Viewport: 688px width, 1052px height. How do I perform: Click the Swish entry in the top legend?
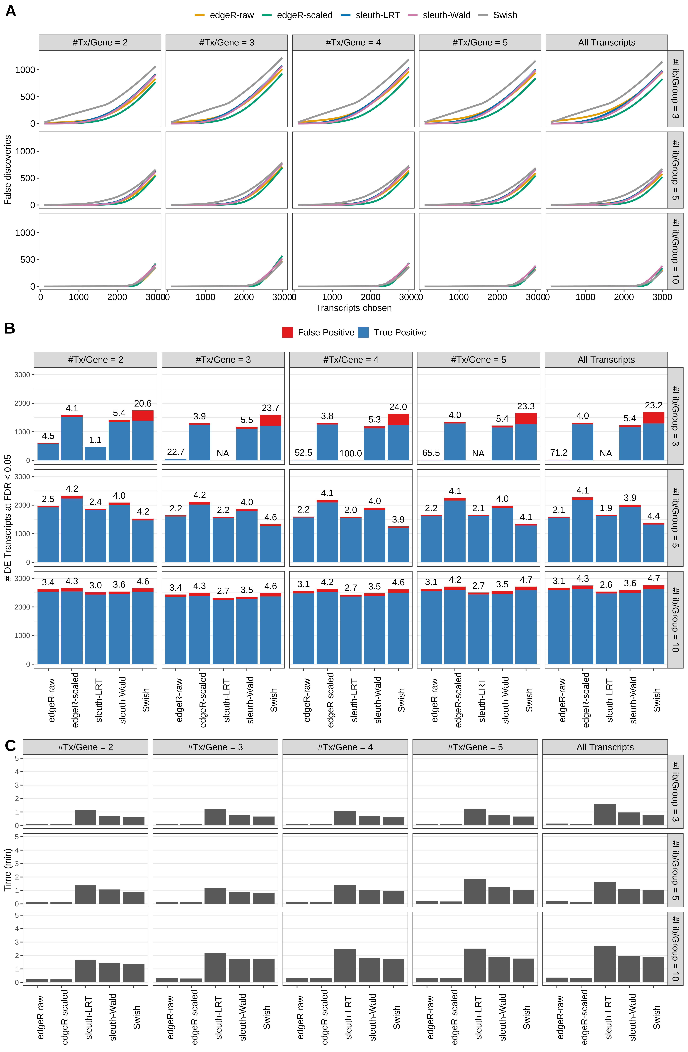pos(505,15)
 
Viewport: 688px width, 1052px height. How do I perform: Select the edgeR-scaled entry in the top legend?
pos(304,15)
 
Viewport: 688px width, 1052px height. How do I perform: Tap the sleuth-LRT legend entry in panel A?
pos(377,15)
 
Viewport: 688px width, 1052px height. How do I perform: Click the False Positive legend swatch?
pos(287,332)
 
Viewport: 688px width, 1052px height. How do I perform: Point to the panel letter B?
pos(10,328)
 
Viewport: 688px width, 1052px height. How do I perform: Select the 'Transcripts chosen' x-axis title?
pos(353,308)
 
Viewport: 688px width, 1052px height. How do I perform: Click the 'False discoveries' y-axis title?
pos(8,170)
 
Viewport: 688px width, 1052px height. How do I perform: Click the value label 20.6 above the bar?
pos(143,404)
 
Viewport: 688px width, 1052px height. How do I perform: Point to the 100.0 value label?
pos(351,454)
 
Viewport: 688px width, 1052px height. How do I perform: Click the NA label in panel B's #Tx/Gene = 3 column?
pos(223,454)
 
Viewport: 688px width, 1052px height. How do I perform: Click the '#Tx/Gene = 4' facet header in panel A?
pos(353,42)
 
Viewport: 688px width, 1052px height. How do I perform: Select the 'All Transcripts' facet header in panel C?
pos(605,747)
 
